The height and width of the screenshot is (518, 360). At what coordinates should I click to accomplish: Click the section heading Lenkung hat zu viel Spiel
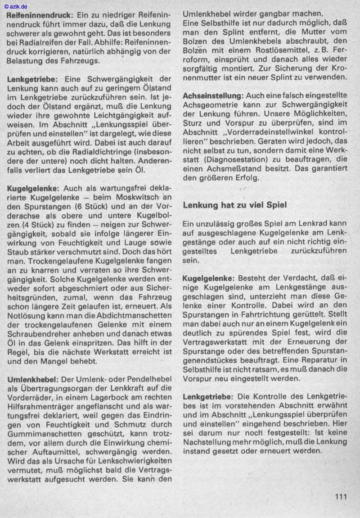[234, 204]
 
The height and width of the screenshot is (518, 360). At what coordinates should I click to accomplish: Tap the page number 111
[342, 497]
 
